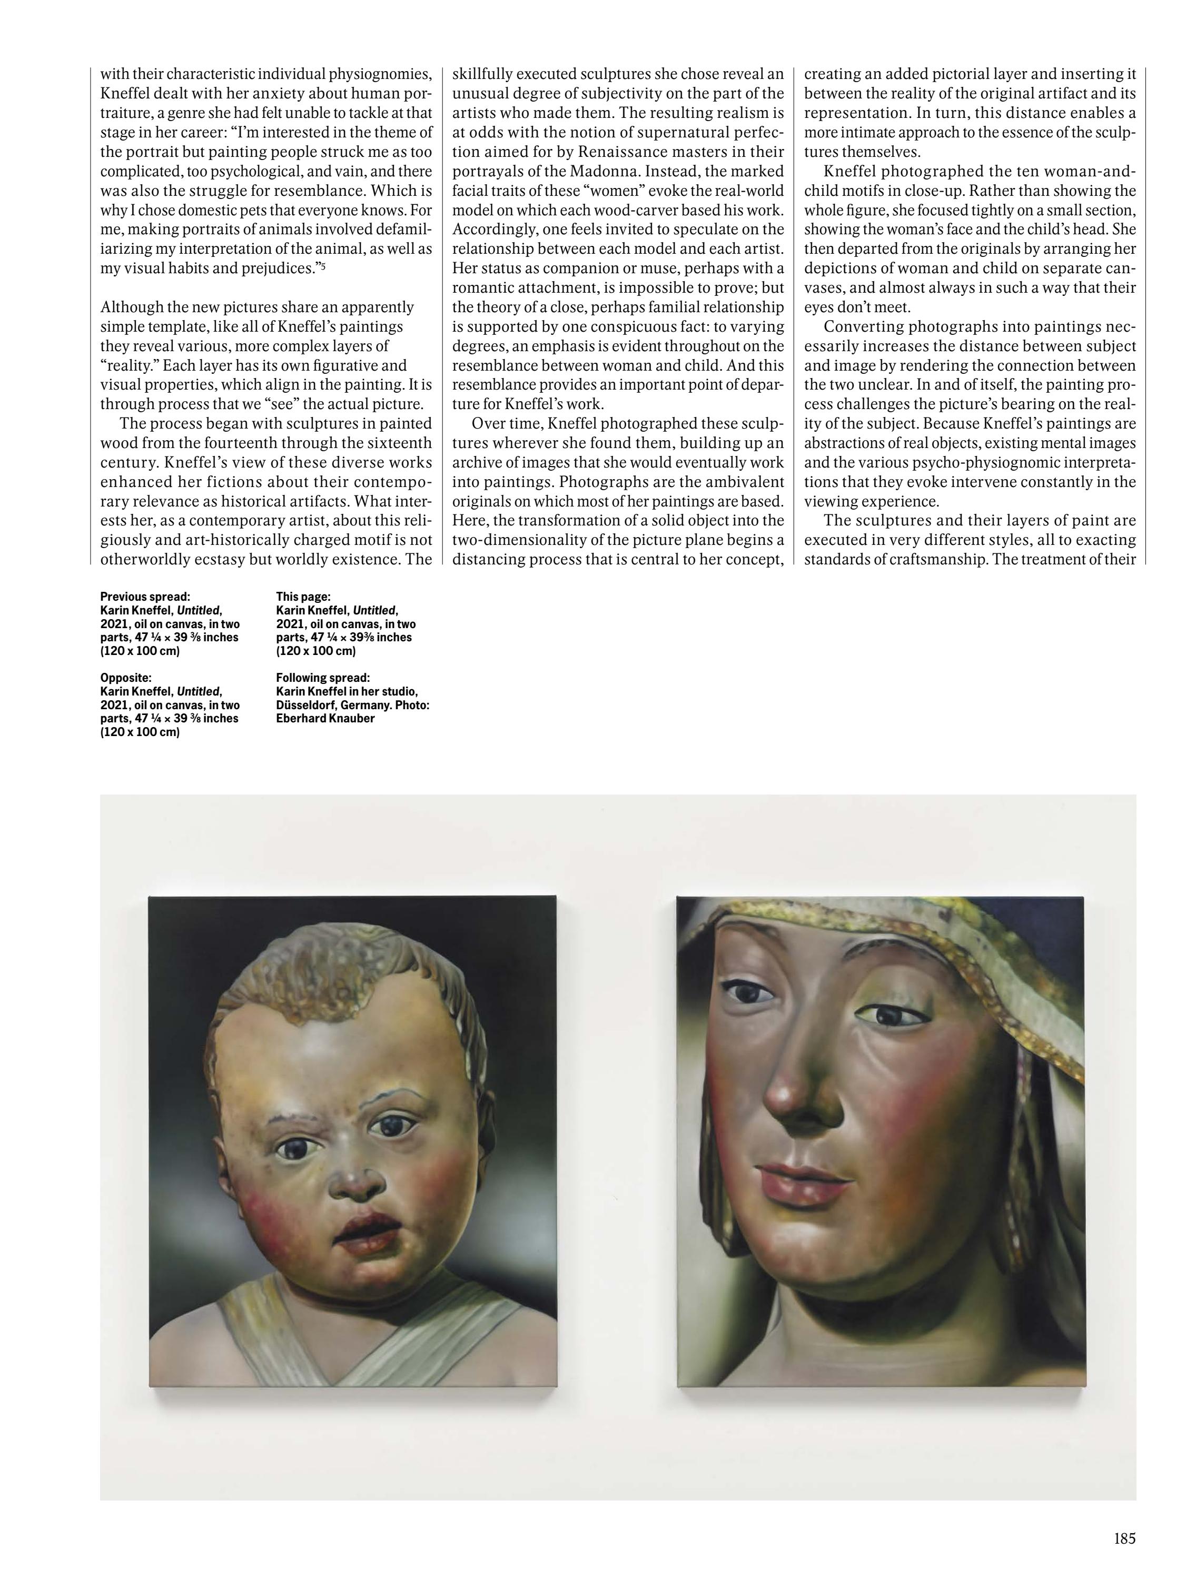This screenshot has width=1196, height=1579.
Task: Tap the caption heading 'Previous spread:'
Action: pyautogui.click(x=145, y=597)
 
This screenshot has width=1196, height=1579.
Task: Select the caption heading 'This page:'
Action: pyautogui.click(x=303, y=597)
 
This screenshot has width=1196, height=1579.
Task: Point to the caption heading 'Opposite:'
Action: pyautogui.click(x=126, y=678)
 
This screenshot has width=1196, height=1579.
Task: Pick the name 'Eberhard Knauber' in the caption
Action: pyautogui.click(x=325, y=718)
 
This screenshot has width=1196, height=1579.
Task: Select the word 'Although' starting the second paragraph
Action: pyautogui.click(x=132, y=307)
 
